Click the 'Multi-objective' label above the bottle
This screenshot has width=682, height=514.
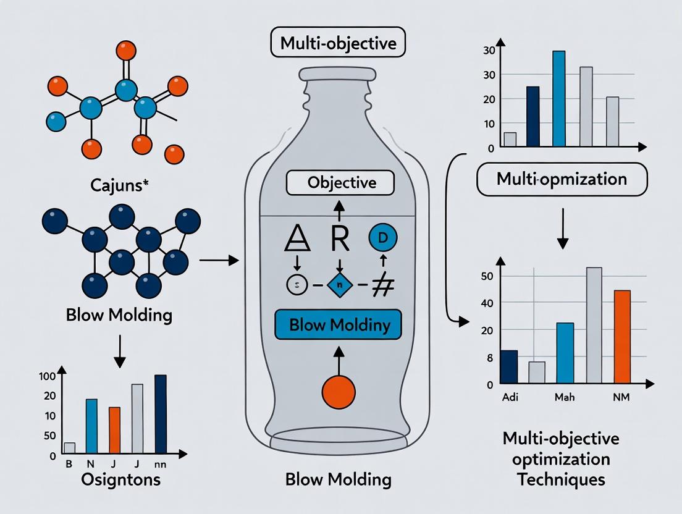pyautogui.click(x=338, y=45)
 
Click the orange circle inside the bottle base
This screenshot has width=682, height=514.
pyautogui.click(x=339, y=392)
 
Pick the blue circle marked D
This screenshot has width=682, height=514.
pyautogui.click(x=382, y=237)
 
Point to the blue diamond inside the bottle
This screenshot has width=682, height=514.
pyautogui.click(x=339, y=285)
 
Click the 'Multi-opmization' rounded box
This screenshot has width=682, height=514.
pyautogui.click(x=562, y=180)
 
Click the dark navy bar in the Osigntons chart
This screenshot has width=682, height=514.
pyautogui.click(x=161, y=414)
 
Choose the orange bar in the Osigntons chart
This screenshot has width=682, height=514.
pyautogui.click(x=114, y=430)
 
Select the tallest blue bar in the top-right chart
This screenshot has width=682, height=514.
pyautogui.click(x=558, y=99)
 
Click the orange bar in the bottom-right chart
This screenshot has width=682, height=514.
pyautogui.click(x=621, y=337)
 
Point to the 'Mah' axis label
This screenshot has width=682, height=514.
pyautogui.click(x=563, y=397)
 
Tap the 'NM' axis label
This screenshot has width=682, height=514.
pyautogui.click(x=621, y=397)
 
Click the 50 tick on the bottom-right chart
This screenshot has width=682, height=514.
pyautogui.click(x=487, y=276)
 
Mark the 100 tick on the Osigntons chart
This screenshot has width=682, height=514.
pyautogui.click(x=48, y=376)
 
